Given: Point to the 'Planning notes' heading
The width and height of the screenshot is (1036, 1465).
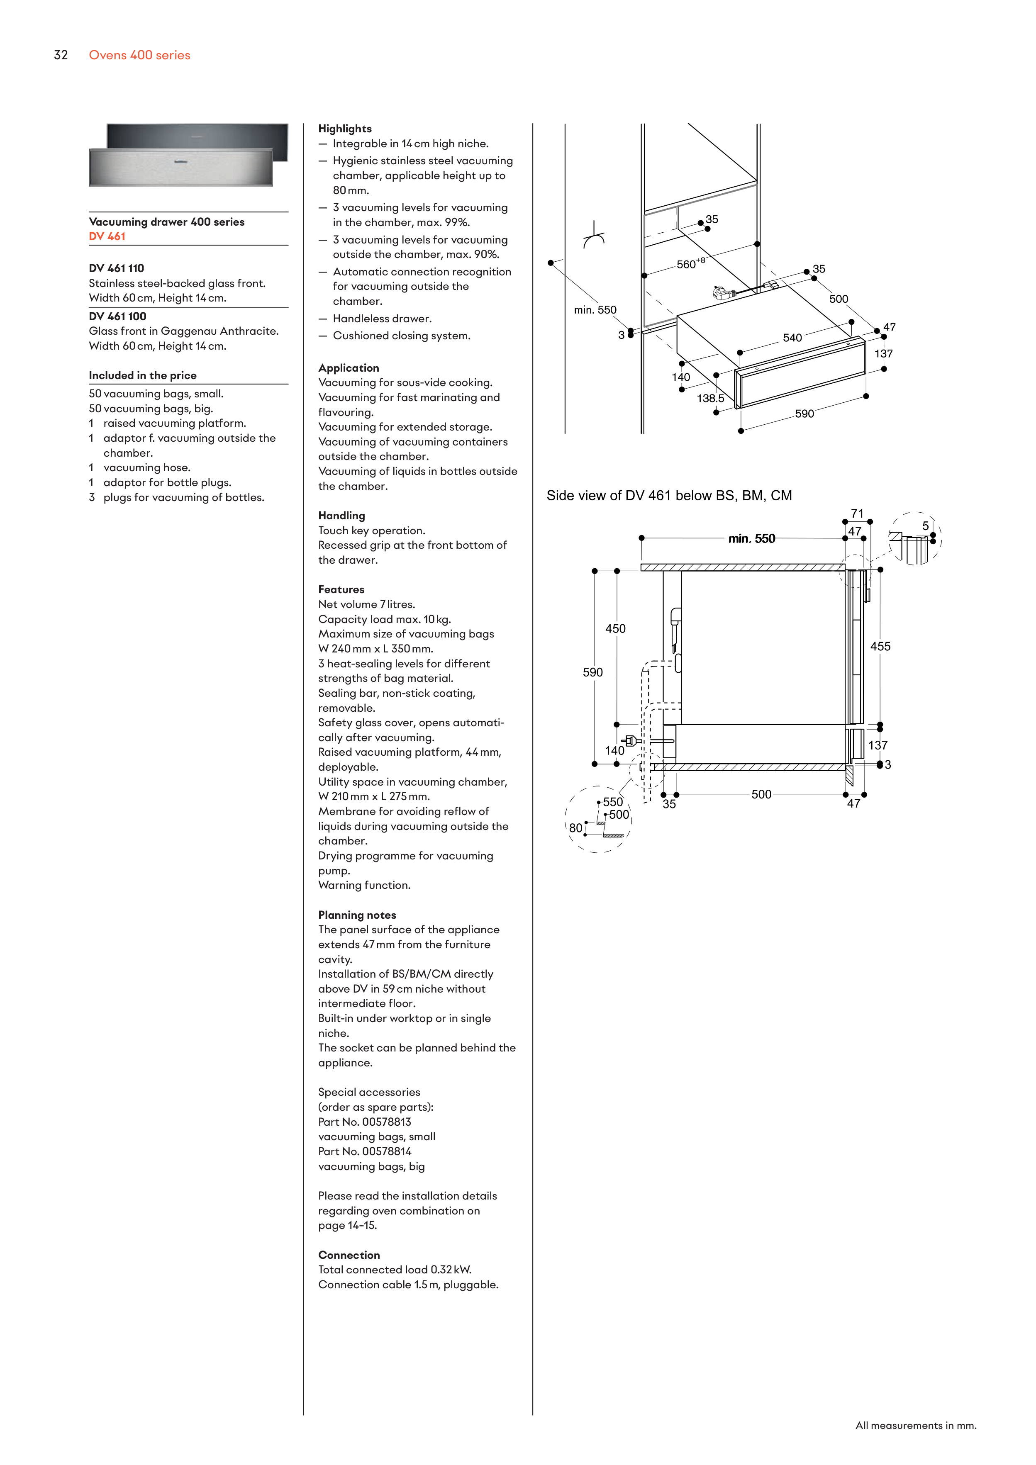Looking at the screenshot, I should click(x=357, y=915).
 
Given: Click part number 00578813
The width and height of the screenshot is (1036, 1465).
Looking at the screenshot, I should click(x=386, y=1122).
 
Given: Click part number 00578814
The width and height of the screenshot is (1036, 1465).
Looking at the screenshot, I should click(x=386, y=1151).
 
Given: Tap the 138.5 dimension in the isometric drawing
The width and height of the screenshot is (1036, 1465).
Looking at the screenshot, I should click(x=710, y=399).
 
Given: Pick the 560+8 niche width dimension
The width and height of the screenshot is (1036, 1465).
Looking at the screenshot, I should click(x=690, y=263).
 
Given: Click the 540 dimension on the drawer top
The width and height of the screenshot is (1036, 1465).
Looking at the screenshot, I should click(x=792, y=338).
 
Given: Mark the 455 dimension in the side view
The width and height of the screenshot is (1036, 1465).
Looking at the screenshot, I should click(x=880, y=646).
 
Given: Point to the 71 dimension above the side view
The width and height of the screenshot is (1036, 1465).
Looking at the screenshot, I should click(x=857, y=513).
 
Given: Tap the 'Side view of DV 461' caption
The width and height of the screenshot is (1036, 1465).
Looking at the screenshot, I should click(x=668, y=496).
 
